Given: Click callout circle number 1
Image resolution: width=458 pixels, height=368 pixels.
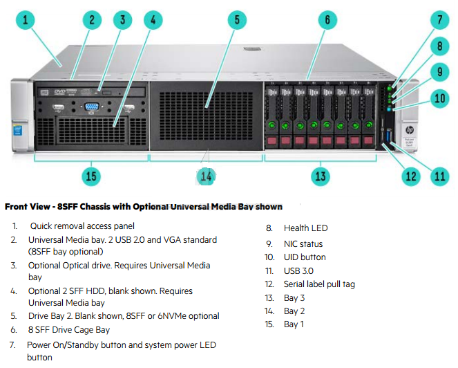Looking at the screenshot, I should click(25, 21).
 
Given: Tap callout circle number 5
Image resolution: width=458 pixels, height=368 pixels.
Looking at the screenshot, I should click(237, 20).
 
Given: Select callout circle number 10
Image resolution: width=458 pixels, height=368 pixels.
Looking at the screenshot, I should click(440, 98).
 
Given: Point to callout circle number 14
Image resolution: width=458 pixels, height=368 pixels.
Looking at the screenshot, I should click(206, 176).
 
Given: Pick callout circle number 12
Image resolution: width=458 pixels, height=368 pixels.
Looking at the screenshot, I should click(412, 176).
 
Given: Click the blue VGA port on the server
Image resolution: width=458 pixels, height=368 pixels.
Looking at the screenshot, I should click(90, 107).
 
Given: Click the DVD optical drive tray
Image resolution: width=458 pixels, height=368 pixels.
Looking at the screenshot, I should click(94, 90).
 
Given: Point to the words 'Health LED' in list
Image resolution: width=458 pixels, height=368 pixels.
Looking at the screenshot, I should click(305, 228).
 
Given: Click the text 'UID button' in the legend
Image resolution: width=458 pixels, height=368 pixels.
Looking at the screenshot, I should click(305, 257).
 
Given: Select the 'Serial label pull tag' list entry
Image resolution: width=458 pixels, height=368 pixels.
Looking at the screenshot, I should click(319, 284).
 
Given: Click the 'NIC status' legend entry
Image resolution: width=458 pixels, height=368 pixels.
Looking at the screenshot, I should click(303, 243).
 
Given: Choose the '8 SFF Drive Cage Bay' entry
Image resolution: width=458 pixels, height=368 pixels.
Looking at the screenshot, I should click(69, 330).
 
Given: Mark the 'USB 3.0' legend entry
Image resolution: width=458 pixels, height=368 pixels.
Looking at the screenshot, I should click(298, 270).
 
